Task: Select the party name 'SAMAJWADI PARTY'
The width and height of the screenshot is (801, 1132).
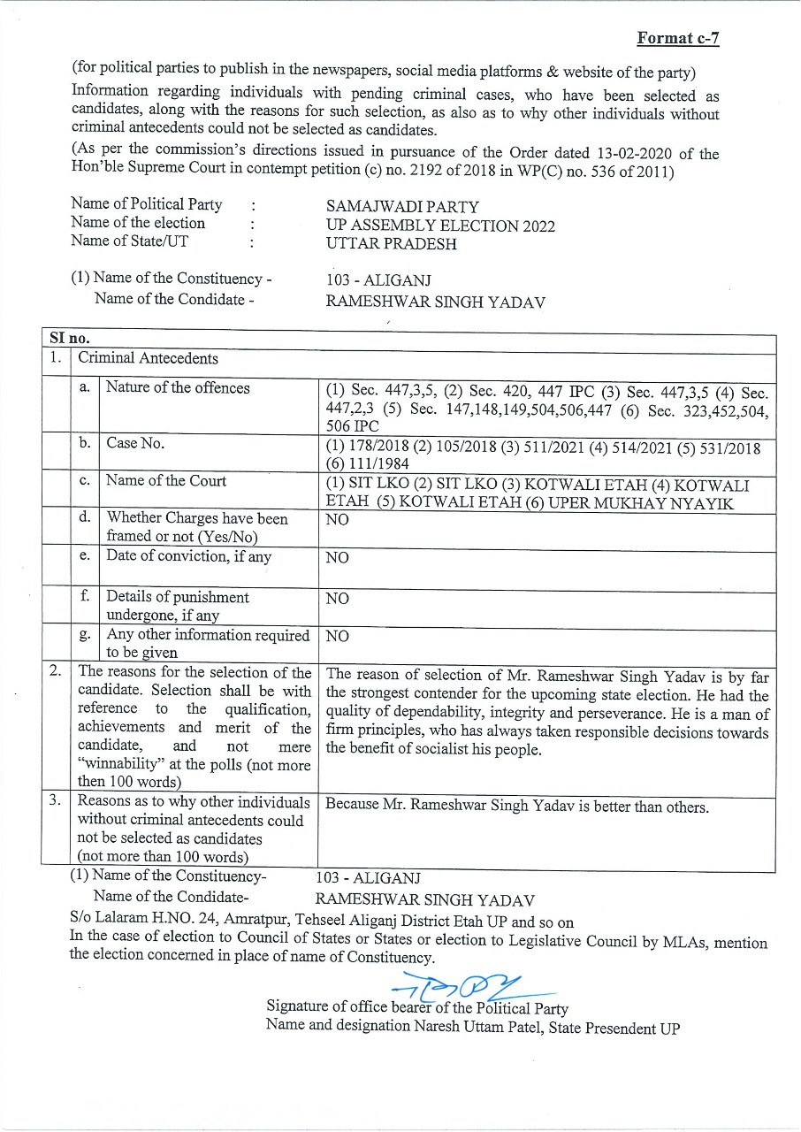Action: click(402, 207)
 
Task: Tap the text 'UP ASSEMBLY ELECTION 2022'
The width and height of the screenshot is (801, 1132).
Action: click(440, 226)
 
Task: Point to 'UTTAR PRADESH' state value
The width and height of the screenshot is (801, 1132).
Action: click(391, 244)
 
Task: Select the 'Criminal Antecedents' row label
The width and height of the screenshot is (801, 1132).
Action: click(148, 358)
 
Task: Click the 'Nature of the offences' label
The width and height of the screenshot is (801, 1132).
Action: click(178, 388)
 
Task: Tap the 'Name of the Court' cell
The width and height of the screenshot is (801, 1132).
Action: click(166, 481)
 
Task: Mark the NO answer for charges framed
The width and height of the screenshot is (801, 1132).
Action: click(337, 520)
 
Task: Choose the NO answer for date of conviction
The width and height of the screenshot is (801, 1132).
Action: click(337, 558)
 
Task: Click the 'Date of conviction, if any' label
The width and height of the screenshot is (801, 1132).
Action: click(188, 557)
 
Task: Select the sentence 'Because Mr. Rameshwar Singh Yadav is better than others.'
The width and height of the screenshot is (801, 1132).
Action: click(517, 807)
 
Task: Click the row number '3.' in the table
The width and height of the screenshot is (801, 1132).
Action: click(55, 800)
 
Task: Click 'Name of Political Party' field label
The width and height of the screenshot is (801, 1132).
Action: click(147, 204)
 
